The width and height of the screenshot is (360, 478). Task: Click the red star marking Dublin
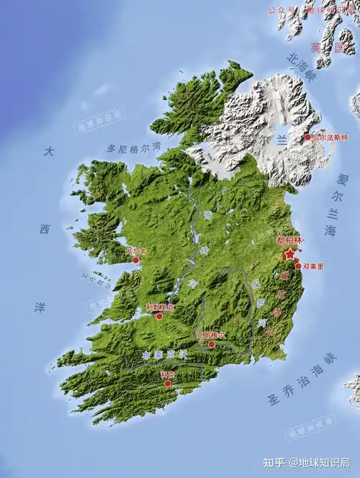coord(289,253)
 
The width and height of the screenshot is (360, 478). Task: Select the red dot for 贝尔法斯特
coord(307,137)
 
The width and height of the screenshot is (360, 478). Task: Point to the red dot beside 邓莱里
coord(298,266)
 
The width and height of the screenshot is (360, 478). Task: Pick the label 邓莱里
coord(314,266)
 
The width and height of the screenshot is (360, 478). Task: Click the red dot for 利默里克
coord(159,315)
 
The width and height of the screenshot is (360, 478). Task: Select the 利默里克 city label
coord(159,307)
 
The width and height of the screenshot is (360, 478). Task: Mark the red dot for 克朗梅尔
coord(211,344)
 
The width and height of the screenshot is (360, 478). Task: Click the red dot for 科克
coord(168,384)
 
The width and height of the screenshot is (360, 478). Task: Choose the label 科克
coord(168,375)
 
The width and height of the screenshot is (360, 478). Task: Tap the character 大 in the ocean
coord(48,152)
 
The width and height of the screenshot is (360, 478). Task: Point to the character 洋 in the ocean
coord(40,306)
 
